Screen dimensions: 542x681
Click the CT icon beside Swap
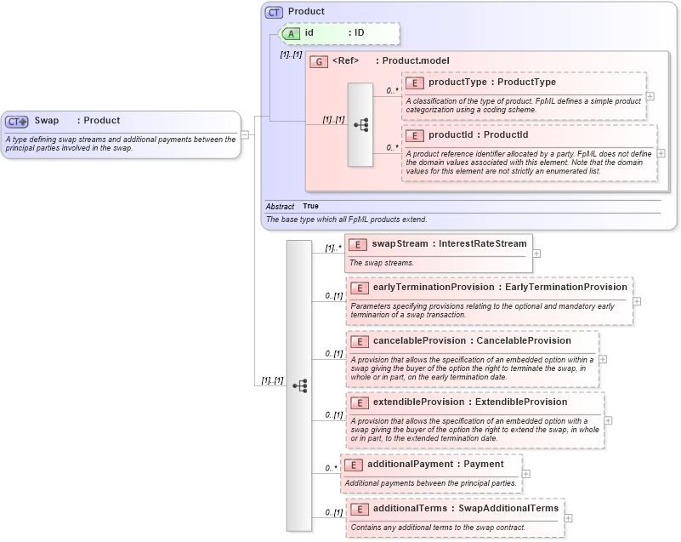(x=17, y=121)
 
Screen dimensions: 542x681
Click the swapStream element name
(x=400, y=243)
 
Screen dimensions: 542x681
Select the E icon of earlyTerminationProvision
(x=360, y=288)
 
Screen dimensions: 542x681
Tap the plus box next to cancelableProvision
(x=603, y=359)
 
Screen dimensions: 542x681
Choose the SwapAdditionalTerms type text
(x=508, y=508)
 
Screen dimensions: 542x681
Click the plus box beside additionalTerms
(x=568, y=517)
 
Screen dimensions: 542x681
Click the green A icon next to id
(x=291, y=33)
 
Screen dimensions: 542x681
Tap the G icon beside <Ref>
(x=319, y=61)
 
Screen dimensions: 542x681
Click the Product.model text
(x=416, y=60)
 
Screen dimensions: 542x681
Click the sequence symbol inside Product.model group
(x=360, y=124)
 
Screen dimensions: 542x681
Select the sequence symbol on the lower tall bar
(x=299, y=385)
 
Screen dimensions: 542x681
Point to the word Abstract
(x=280, y=206)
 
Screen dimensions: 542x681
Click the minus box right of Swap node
(x=245, y=134)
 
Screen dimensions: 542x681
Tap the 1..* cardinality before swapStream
(x=333, y=248)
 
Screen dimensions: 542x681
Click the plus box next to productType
(x=650, y=95)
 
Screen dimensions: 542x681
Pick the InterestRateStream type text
(x=482, y=243)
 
